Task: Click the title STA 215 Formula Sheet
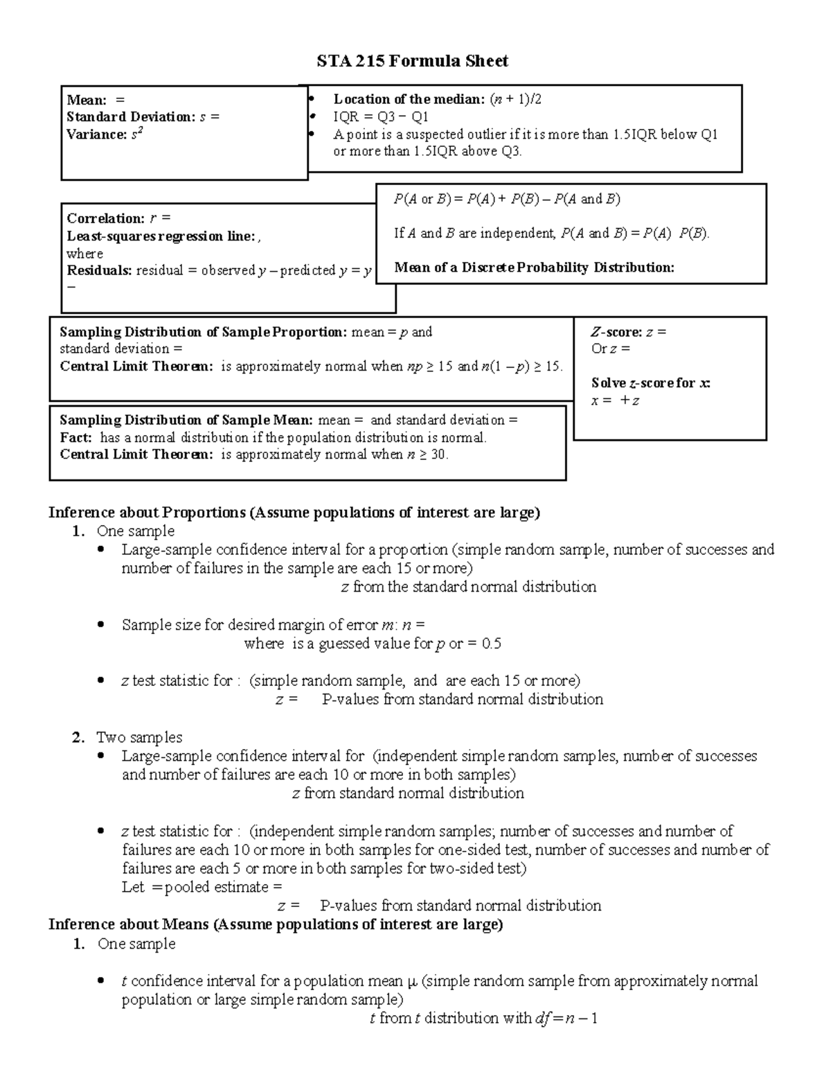click(x=412, y=62)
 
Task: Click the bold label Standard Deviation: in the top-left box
click(x=131, y=117)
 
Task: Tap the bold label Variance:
click(x=96, y=134)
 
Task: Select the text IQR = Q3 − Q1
click(x=381, y=117)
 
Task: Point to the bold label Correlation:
click(x=106, y=219)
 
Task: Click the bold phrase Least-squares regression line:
click(x=161, y=236)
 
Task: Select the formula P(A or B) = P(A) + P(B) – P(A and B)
click(x=507, y=200)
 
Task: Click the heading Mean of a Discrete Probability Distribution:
click(x=534, y=267)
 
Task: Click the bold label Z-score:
click(x=616, y=332)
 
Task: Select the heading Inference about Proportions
click(x=294, y=513)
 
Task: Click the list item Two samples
click(x=139, y=737)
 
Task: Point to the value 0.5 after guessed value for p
click(x=491, y=644)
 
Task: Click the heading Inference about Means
click(x=276, y=924)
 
